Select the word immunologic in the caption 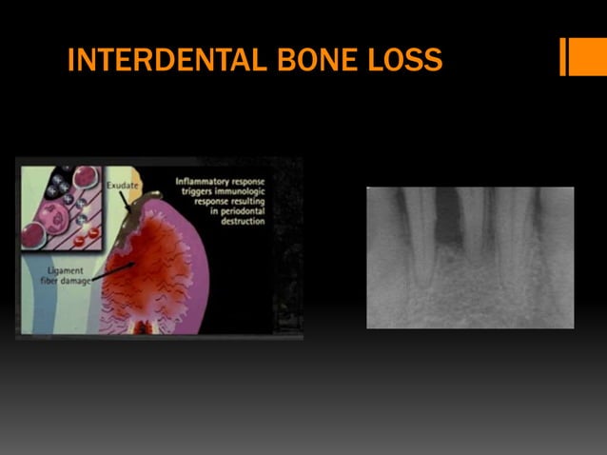(234, 191)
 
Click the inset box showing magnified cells (61, 204)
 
